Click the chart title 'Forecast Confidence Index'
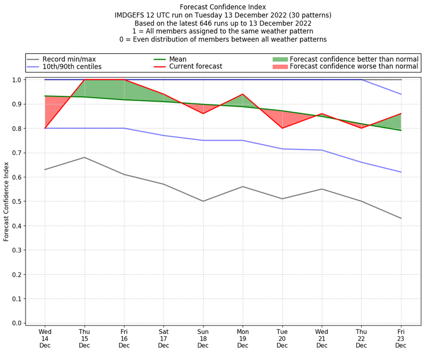click(223, 7)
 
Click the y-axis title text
click(7, 201)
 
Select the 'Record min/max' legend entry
click(69, 59)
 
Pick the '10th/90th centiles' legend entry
click(71, 67)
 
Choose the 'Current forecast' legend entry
click(195, 67)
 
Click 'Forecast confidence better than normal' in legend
click(354, 59)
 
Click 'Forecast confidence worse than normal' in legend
click(354, 67)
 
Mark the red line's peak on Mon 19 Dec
click(243, 94)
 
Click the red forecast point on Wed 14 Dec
click(45, 128)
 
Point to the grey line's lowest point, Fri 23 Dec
click(401, 218)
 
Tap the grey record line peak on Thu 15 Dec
click(85, 157)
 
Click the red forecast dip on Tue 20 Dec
click(282, 128)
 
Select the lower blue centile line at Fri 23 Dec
click(401, 172)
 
